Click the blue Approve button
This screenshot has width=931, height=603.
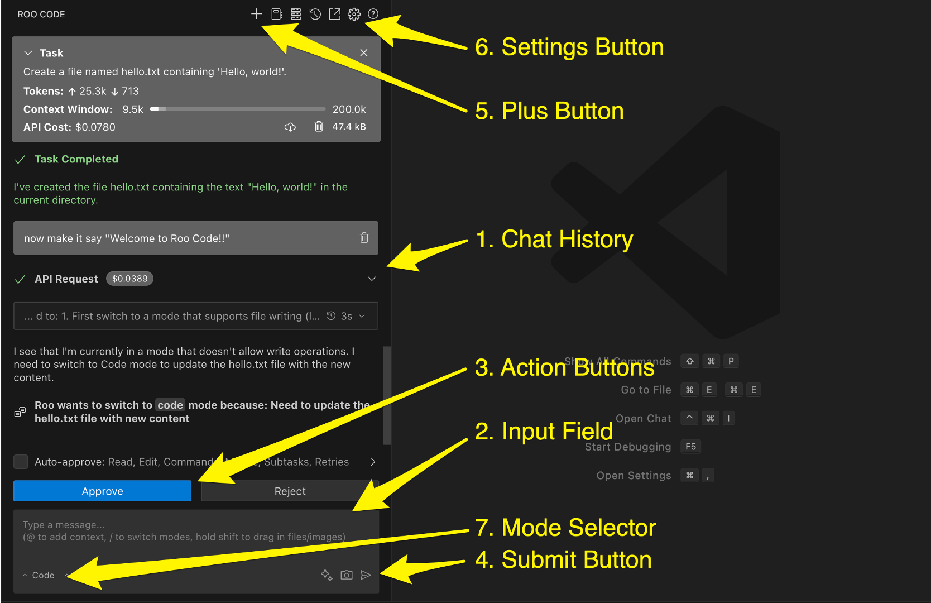click(102, 491)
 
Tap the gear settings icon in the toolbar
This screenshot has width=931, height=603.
click(354, 14)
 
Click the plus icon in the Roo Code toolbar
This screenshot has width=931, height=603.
click(256, 14)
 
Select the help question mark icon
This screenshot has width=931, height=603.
click(373, 14)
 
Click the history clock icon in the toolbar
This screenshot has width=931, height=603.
click(315, 14)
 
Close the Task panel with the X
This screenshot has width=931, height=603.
click(364, 52)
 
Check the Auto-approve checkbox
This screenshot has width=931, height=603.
click(21, 462)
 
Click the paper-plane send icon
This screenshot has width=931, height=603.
click(366, 575)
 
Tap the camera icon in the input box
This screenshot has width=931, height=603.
click(347, 575)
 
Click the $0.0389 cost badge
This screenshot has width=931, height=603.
click(129, 279)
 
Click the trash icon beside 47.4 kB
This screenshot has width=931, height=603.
click(319, 127)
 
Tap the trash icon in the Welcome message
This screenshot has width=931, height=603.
click(364, 238)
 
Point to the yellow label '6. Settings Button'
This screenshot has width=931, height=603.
click(569, 47)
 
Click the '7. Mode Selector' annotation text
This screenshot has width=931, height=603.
click(565, 528)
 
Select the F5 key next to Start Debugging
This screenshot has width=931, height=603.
click(690, 447)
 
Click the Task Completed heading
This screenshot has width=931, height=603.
click(76, 159)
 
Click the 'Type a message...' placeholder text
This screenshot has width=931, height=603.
click(64, 525)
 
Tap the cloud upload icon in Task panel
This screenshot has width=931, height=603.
click(290, 127)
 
